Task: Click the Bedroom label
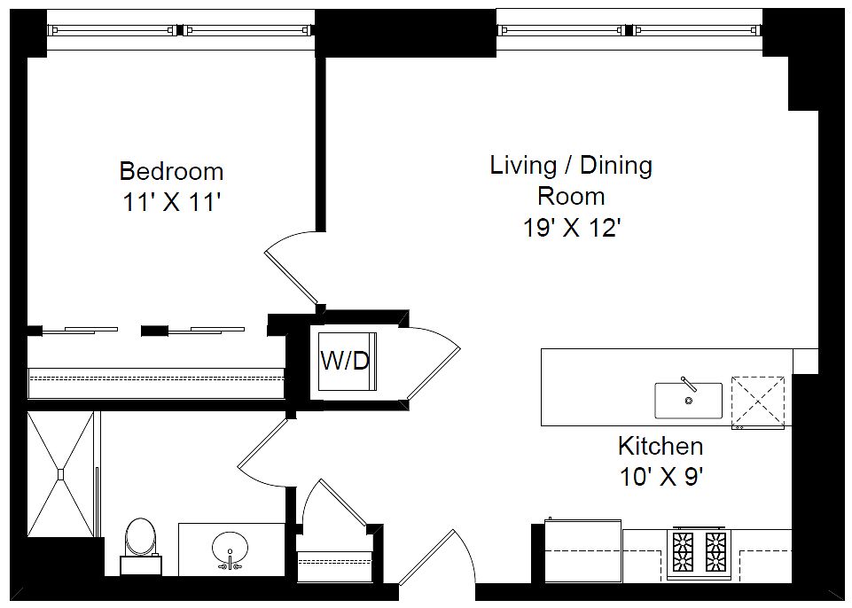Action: (171, 171)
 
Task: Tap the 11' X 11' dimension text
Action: (171, 203)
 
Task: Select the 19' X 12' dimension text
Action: (572, 228)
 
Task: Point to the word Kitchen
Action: (660, 447)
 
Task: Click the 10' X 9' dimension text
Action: (661, 478)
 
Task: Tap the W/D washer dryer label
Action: (345, 361)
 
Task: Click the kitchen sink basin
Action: (689, 401)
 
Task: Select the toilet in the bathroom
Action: (141, 546)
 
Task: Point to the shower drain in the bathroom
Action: (61, 474)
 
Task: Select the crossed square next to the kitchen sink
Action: (758, 402)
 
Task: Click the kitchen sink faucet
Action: (689, 384)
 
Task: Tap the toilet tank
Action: (141, 565)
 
